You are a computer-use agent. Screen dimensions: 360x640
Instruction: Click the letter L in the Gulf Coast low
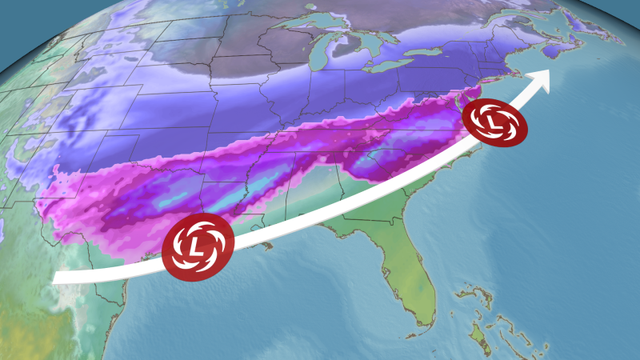tap(197, 245)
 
